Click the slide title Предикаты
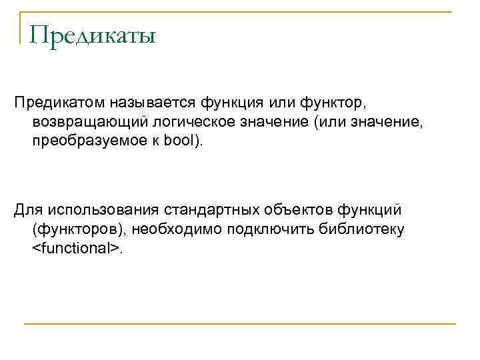[92, 34]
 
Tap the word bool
[182, 142]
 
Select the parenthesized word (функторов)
[79, 229]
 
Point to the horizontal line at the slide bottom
[240, 325]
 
